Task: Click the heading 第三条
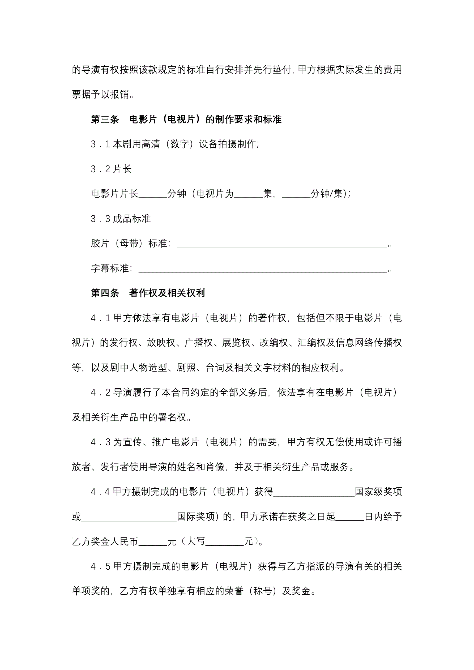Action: coord(105,119)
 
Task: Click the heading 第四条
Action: coord(105,293)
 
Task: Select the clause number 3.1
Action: coord(100,144)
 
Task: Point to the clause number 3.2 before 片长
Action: coord(100,169)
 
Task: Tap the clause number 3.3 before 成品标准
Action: coord(100,219)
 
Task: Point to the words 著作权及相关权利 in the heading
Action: coord(167,293)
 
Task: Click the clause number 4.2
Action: coord(100,392)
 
